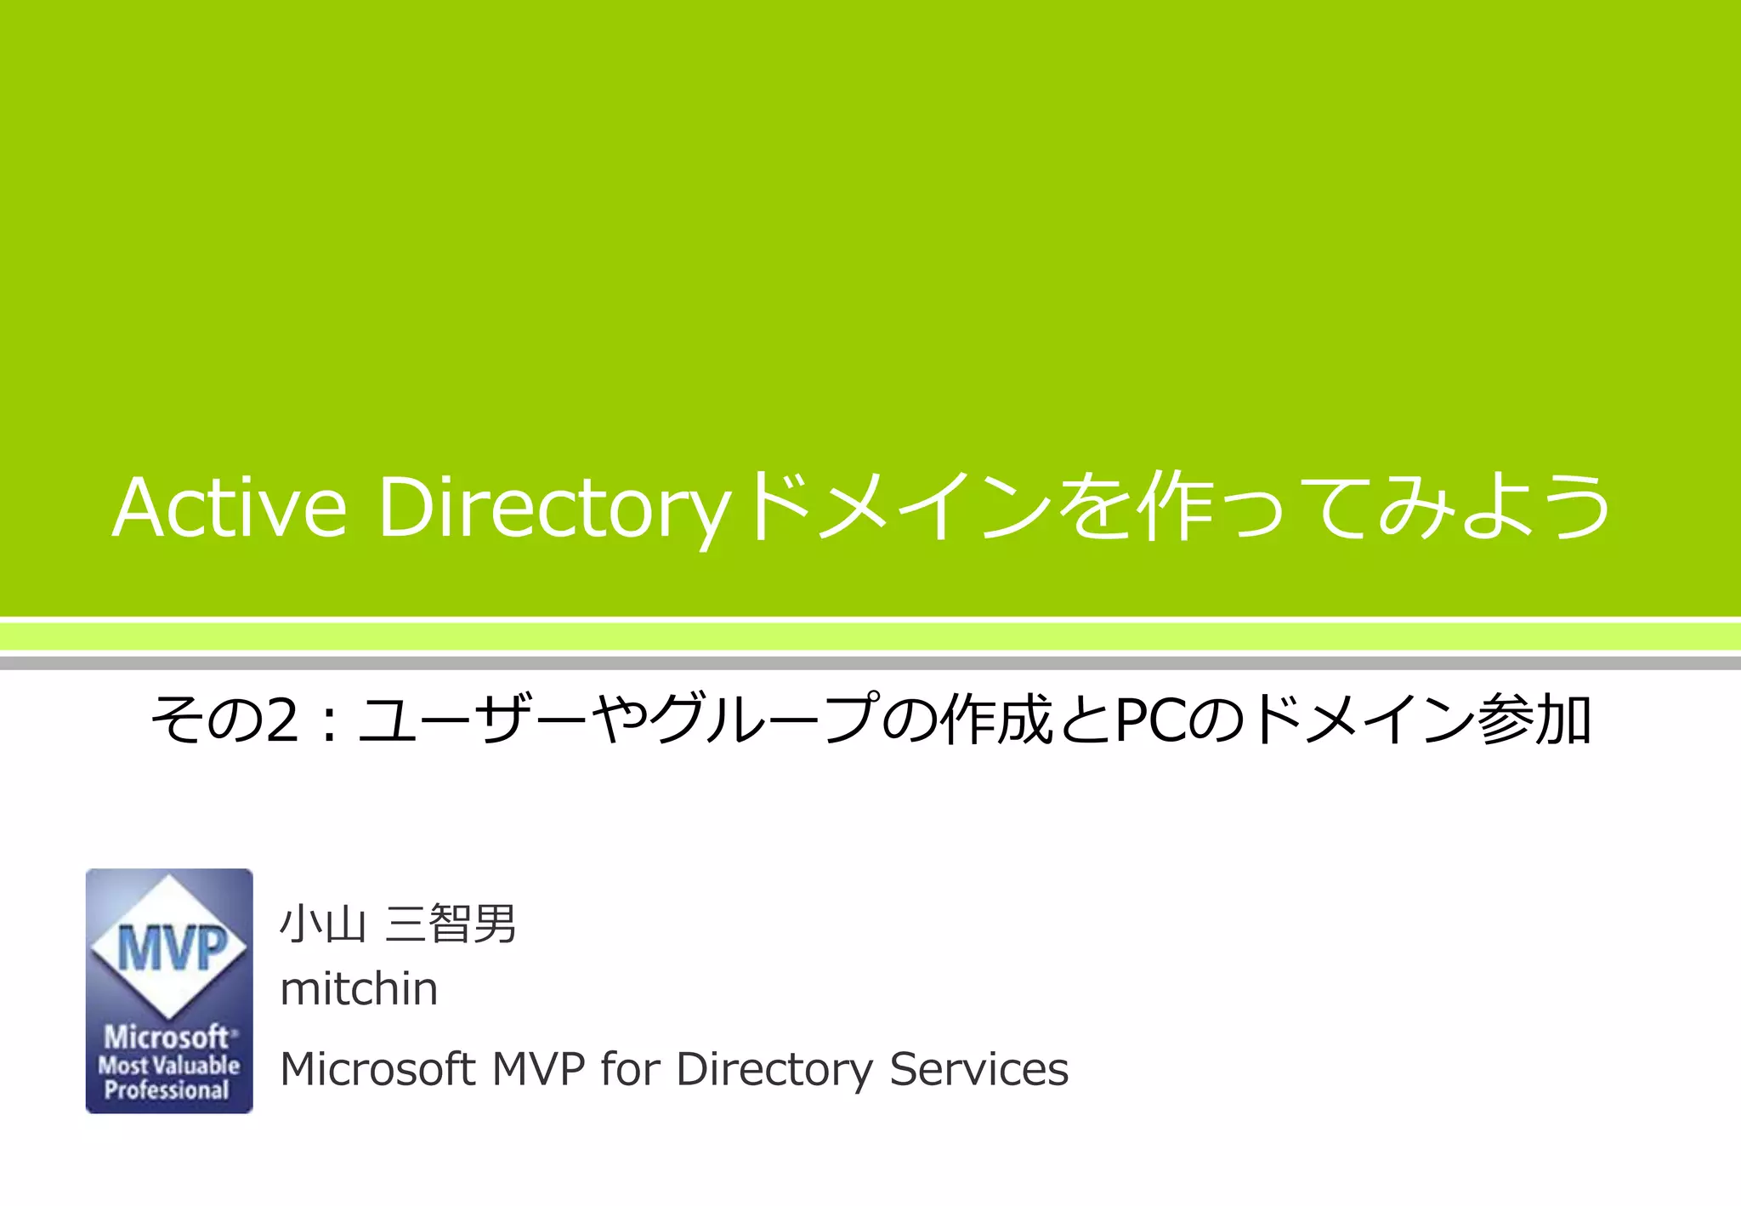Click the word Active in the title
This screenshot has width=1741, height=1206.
coord(230,508)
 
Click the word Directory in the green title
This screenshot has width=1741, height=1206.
coord(554,509)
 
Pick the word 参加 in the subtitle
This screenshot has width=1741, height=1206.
coord(1534,720)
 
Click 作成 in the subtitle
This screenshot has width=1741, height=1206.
coord(995,720)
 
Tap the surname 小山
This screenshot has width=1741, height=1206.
coord(323,924)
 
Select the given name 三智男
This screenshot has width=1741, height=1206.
coord(451,924)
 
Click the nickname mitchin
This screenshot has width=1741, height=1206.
coord(359,988)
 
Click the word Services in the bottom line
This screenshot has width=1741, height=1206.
coord(978,1069)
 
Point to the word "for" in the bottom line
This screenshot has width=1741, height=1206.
coord(630,1069)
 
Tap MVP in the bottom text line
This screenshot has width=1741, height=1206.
coord(539,1069)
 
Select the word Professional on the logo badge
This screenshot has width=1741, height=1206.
coord(167,1090)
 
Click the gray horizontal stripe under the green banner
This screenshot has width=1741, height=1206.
coord(870,663)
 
